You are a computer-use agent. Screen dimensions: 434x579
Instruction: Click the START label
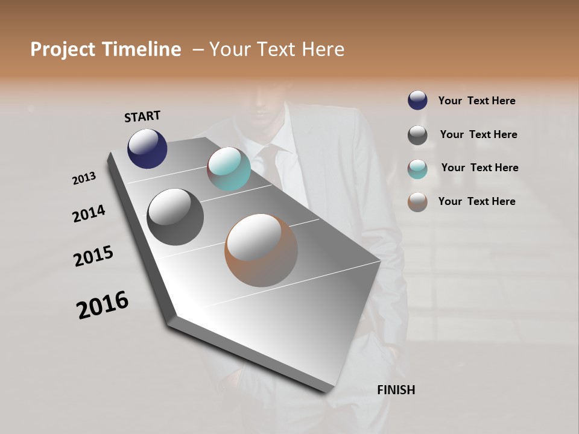point(142,116)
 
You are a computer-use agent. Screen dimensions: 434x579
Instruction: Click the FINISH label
point(396,390)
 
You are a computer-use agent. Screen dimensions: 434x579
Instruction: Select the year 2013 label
point(84,178)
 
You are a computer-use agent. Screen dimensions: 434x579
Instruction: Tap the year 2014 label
point(89,213)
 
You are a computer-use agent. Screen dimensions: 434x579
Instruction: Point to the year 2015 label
point(93,256)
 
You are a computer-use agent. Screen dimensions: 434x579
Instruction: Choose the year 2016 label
point(103,305)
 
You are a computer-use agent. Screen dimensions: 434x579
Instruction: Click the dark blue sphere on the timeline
point(147,149)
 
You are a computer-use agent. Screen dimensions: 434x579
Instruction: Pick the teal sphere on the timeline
point(229,169)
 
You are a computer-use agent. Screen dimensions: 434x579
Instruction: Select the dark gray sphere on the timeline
point(175,217)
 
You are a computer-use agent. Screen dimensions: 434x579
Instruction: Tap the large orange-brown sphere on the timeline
point(261,250)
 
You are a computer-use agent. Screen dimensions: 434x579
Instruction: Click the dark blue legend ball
point(417,101)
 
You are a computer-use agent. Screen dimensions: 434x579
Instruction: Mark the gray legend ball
point(417,135)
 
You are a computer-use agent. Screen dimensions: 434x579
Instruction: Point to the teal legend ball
point(417,169)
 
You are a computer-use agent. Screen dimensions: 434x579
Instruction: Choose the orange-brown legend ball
point(417,202)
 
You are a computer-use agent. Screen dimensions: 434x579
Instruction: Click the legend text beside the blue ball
point(476,101)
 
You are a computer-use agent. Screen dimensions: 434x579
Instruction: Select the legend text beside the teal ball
point(479,168)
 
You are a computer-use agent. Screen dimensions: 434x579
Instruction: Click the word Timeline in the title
point(138,49)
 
